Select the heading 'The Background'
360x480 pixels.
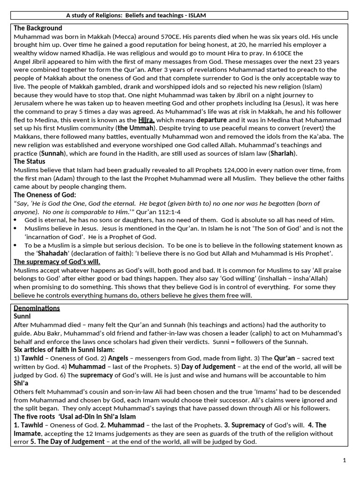(37, 28)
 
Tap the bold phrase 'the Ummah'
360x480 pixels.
(135, 128)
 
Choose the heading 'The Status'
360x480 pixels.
(30, 162)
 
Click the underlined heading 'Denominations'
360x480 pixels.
(37, 308)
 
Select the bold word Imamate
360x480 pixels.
(27, 434)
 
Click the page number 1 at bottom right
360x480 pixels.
(344, 460)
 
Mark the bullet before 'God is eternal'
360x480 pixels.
(16, 220)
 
